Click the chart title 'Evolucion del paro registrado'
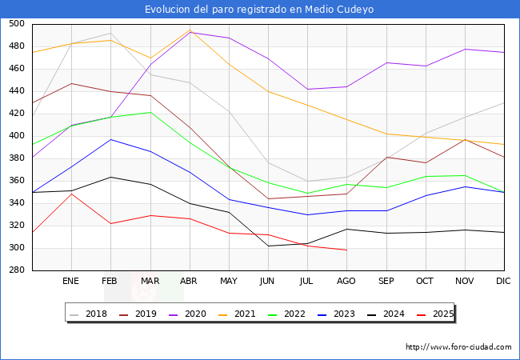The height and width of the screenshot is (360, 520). point(259,10)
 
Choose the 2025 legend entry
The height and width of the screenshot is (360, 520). point(442,314)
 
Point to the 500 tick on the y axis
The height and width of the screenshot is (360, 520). point(16,24)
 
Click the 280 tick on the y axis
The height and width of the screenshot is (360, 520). point(16,270)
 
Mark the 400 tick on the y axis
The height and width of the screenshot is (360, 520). point(16,136)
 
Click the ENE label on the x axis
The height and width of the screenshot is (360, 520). point(71,282)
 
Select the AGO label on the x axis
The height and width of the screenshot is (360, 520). point(346,282)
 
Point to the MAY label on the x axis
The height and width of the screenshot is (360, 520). point(229,282)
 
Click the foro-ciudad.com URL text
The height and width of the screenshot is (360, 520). point(458,347)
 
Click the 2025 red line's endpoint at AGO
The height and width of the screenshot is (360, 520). point(346,250)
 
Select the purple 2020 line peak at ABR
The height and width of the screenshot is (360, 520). point(190,32)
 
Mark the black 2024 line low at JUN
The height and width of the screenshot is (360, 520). point(268,246)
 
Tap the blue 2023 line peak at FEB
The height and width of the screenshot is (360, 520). point(111,139)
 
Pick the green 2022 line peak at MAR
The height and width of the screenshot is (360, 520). point(150,112)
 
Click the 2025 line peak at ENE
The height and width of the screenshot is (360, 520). point(71,194)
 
